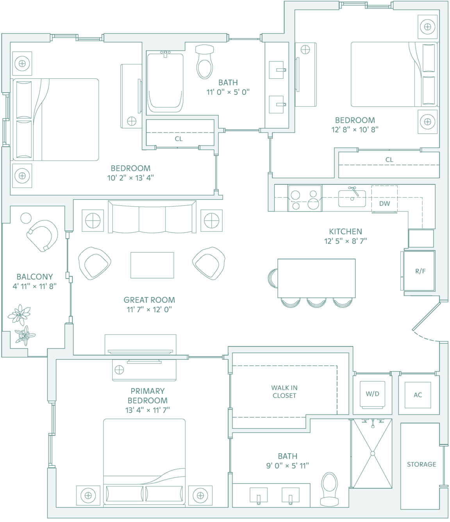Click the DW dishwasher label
(384, 204)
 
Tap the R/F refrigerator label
(420, 271)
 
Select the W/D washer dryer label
(373, 394)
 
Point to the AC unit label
(418, 395)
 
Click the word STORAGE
(421, 464)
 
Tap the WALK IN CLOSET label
(284, 391)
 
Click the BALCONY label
(35, 277)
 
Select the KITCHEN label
(345, 232)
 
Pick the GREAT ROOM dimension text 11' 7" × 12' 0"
(149, 309)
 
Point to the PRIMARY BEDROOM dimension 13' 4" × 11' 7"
(148, 410)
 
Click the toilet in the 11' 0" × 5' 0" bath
(205, 62)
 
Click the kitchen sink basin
(352, 198)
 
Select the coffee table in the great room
(152, 265)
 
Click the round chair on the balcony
(43, 236)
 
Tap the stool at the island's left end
(273, 278)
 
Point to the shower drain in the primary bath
(373, 454)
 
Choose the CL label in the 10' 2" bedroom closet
(179, 139)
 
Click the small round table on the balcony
(26, 218)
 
